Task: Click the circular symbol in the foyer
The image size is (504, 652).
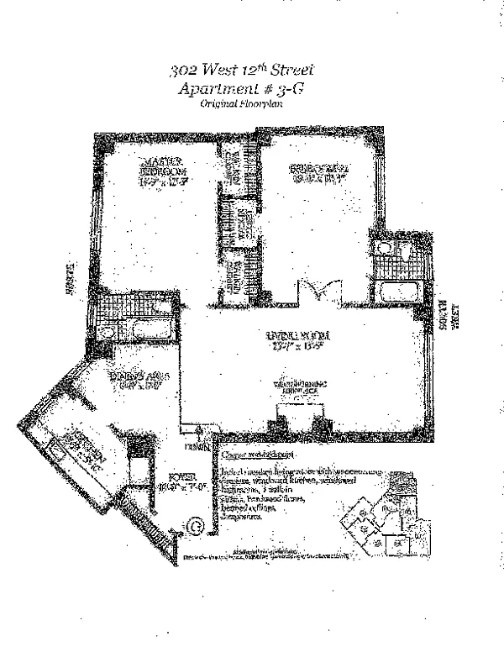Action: click(x=195, y=526)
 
